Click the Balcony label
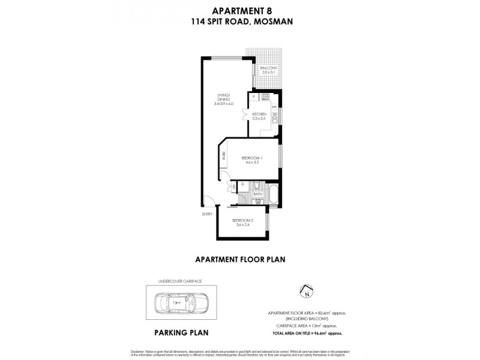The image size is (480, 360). [268, 70]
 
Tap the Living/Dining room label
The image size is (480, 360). [223, 100]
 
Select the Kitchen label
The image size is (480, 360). [259, 116]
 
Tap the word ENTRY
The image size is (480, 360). [206, 214]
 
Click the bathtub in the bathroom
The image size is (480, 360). [272, 194]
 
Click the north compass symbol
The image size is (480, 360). [307, 293]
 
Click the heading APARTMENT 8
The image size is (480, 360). [240, 10]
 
